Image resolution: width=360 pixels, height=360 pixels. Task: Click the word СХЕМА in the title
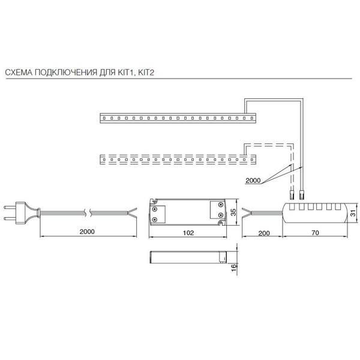19,73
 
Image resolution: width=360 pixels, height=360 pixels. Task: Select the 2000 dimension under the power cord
87,232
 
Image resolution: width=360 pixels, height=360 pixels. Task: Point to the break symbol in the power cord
88,212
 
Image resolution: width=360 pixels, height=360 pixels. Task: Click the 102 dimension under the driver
188,233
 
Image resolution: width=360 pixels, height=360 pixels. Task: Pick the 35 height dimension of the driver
233,212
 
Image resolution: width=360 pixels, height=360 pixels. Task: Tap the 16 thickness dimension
233,268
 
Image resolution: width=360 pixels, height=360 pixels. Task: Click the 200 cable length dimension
264,233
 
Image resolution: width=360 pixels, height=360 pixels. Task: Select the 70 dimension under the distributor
315,233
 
